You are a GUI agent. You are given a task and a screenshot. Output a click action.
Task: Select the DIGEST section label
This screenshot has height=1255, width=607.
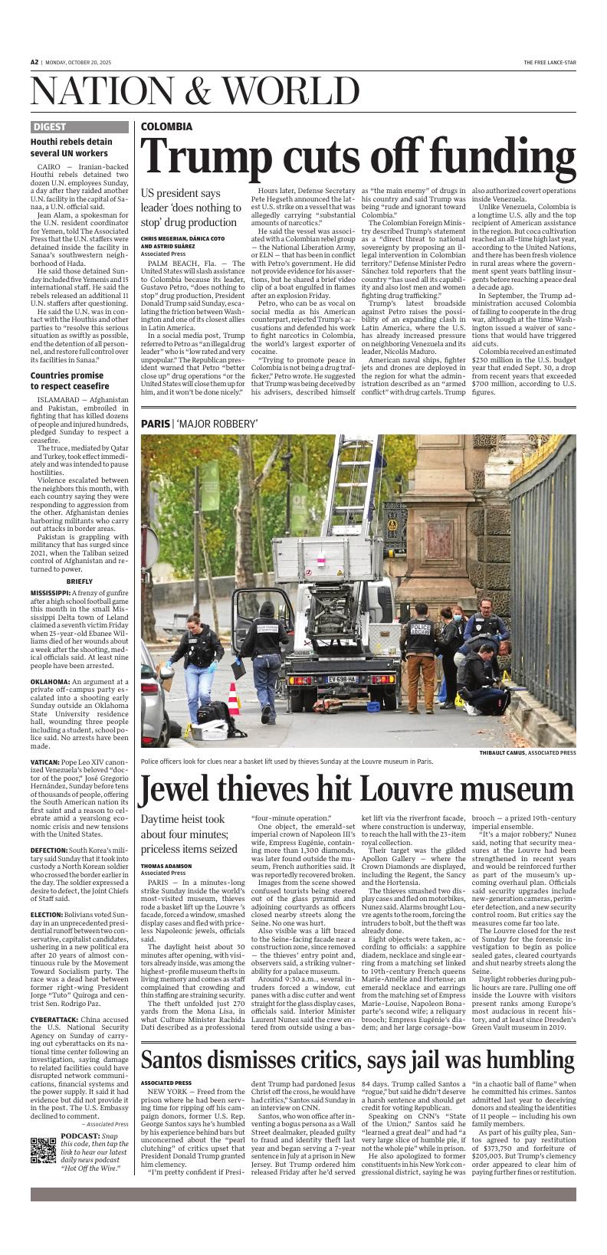coord(50,127)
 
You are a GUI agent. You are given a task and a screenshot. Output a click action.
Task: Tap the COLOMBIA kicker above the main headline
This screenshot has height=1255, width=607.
coord(166,126)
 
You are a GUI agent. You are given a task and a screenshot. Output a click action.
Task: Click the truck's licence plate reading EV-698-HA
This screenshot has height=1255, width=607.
coord(342,679)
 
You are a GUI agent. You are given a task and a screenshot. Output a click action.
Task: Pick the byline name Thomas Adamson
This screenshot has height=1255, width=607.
coord(166,866)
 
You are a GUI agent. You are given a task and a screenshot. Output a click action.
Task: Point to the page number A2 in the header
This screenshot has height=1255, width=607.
coord(34,62)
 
